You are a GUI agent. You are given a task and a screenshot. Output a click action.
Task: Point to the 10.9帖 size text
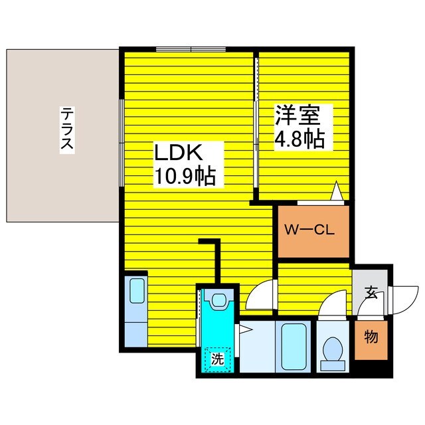185,177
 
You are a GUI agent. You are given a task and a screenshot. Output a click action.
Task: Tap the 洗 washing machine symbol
217,359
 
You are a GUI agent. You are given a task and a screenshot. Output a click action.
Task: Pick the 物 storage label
371,337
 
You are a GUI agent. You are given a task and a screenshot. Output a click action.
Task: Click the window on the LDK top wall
191,49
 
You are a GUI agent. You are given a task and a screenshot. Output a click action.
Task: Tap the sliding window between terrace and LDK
121,143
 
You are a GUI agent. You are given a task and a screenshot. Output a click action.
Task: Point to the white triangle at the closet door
337,192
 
